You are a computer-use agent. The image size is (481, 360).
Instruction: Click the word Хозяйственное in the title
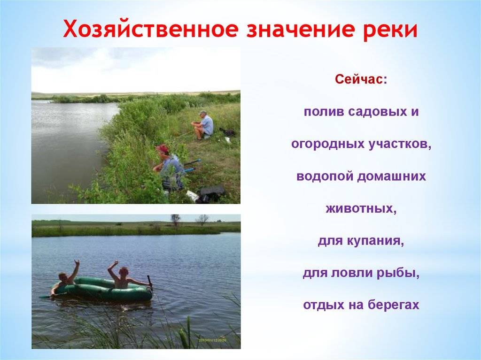tap(151, 30)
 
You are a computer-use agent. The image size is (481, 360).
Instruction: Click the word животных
tap(361, 208)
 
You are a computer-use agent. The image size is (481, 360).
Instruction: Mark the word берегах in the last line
tap(393, 305)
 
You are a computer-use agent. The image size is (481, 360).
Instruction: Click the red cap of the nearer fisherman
tap(162, 149)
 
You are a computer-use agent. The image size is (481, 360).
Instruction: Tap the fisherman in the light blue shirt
tap(202, 125)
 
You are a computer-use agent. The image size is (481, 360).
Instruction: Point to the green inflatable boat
tap(103, 290)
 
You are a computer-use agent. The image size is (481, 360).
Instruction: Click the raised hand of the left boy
tap(76, 263)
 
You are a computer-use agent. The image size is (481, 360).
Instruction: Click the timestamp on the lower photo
tap(212, 340)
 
